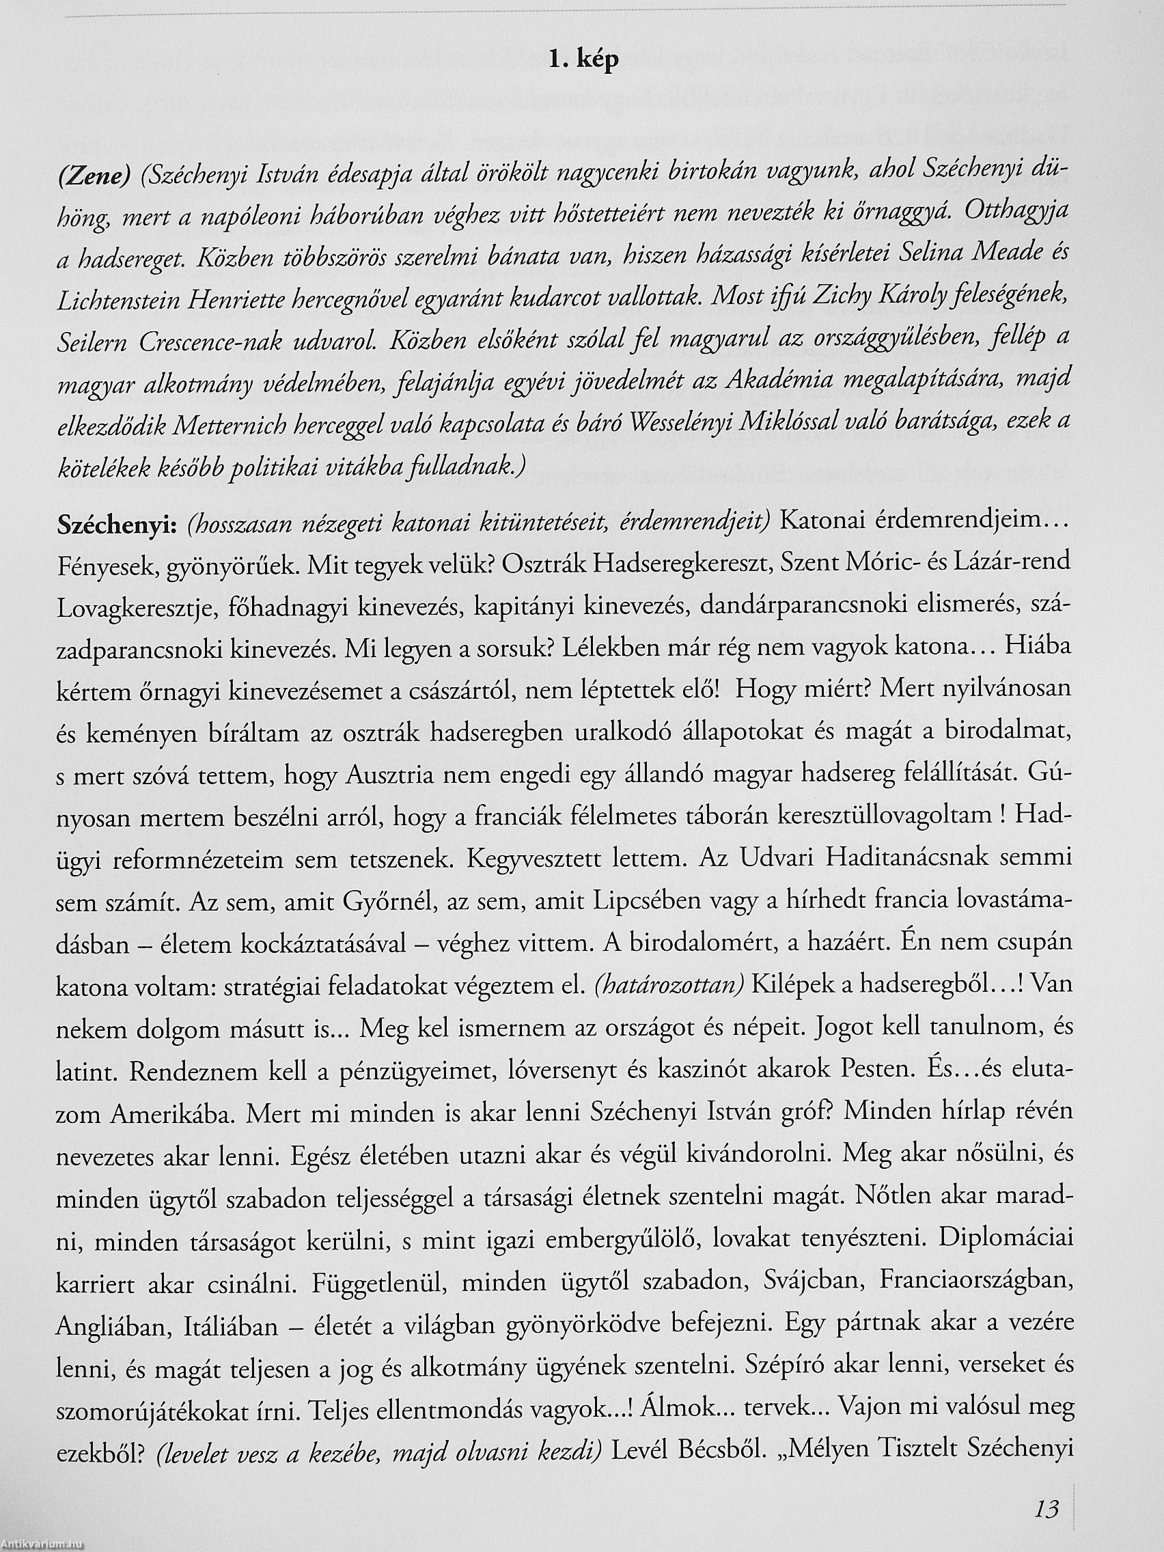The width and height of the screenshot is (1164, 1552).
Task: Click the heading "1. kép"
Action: (583, 61)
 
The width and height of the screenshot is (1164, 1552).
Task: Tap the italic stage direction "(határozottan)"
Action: (667, 986)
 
